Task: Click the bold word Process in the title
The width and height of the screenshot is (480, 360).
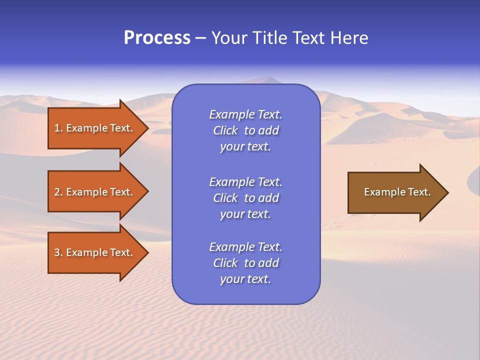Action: [x=157, y=38]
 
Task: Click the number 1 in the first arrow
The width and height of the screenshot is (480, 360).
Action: [x=57, y=128]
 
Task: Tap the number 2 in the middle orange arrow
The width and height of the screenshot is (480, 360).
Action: [x=57, y=192]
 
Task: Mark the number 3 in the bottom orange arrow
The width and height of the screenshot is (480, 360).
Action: [x=57, y=252]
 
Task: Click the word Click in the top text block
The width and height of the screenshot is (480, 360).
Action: [x=225, y=130]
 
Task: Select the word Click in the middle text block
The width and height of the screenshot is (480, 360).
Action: [x=225, y=198]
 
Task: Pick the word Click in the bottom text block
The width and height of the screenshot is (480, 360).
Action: [x=225, y=263]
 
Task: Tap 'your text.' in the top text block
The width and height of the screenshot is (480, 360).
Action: [x=245, y=147]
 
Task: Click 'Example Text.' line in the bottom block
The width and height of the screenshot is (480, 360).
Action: [x=245, y=247]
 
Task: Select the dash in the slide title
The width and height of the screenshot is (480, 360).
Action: [x=200, y=38]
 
